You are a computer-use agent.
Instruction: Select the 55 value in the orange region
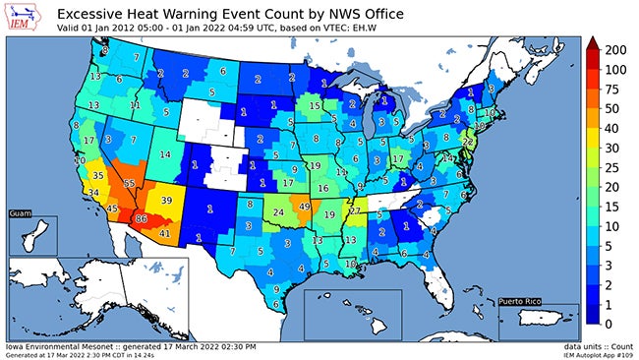click(130, 183)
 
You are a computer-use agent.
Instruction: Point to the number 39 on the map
click(166, 200)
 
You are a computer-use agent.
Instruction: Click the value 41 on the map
click(165, 233)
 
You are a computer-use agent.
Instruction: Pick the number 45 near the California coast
click(113, 209)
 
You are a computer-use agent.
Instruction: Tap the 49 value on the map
click(305, 207)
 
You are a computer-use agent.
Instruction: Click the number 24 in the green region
click(278, 211)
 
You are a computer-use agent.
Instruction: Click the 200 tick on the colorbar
click(616, 49)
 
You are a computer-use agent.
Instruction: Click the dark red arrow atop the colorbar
click(593, 42)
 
